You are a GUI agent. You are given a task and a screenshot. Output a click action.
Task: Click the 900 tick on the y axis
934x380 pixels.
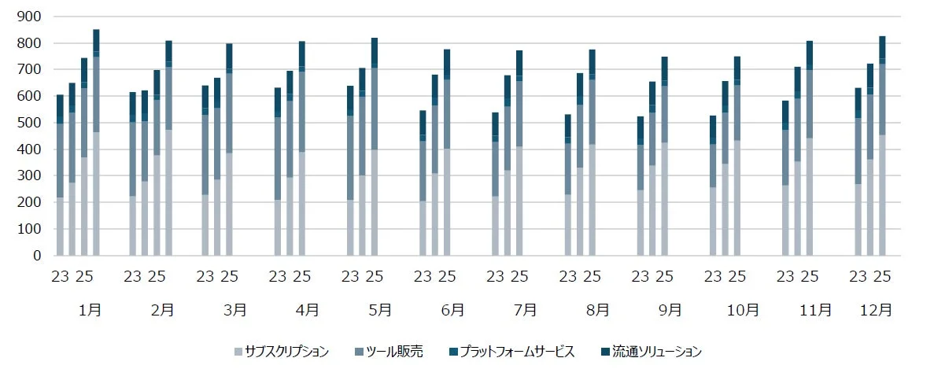pyautogui.click(x=31, y=17)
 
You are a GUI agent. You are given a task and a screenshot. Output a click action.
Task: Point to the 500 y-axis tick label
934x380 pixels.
pyautogui.click(x=31, y=123)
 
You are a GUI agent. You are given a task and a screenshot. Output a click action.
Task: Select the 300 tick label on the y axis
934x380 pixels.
pyautogui.click(x=31, y=176)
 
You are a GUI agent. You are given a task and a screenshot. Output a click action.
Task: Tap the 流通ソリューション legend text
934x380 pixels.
pyautogui.click(x=656, y=352)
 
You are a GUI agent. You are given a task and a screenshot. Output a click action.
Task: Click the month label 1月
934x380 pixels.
pyautogui.click(x=90, y=310)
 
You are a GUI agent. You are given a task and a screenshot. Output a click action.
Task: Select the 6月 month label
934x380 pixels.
pyautogui.click(x=452, y=310)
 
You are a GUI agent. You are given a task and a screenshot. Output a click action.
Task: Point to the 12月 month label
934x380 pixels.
pyautogui.click(x=876, y=310)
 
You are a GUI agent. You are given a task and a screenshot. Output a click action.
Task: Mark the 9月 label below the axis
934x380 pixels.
pyautogui.click(x=670, y=310)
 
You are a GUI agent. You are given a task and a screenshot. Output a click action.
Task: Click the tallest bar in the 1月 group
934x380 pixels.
pyautogui.click(x=96, y=142)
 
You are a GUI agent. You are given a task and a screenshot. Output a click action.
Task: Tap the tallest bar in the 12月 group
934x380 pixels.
pyautogui.click(x=882, y=146)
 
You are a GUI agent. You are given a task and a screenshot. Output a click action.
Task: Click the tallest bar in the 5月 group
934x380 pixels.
pyautogui.click(x=375, y=146)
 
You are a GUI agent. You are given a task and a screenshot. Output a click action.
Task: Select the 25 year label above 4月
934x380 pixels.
pyautogui.click(x=301, y=276)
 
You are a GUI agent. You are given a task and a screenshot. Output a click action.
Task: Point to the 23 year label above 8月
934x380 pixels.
pyautogui.click(x=567, y=276)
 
